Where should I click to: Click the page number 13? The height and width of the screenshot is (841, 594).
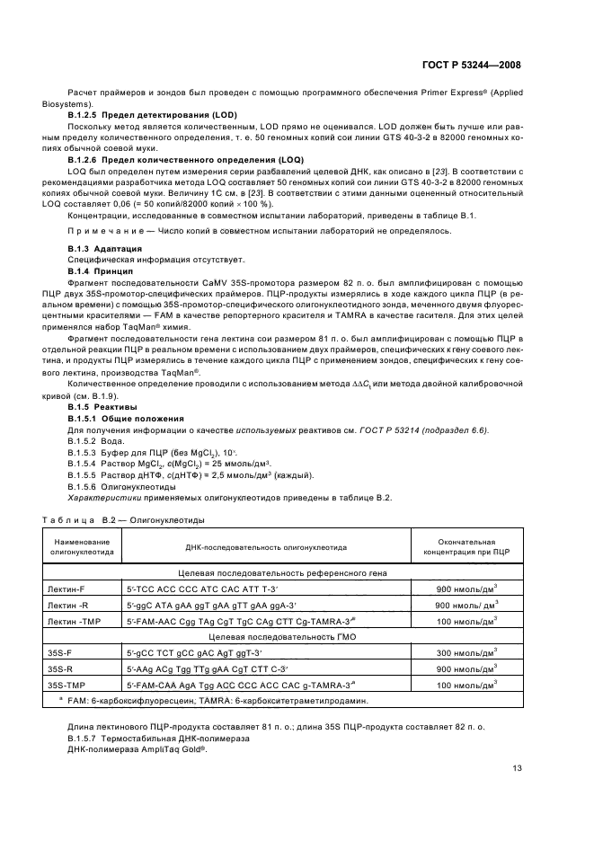[x=517, y=767]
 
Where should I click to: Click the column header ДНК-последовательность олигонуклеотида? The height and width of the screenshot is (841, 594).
[x=266, y=546]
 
